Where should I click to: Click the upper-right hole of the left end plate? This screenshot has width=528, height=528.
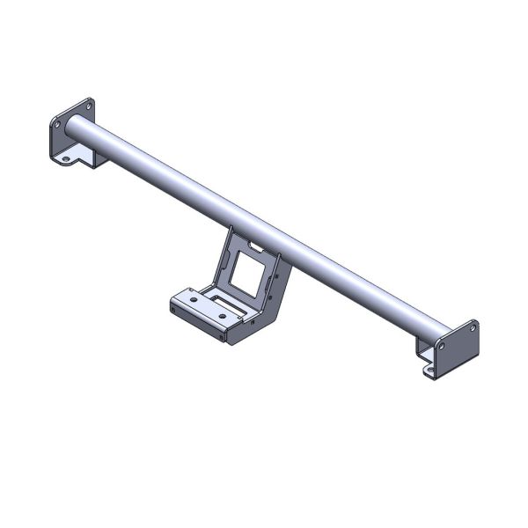tap(89, 107)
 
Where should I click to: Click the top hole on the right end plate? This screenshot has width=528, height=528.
tap(473, 328)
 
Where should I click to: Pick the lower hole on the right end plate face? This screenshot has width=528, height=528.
tap(442, 348)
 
